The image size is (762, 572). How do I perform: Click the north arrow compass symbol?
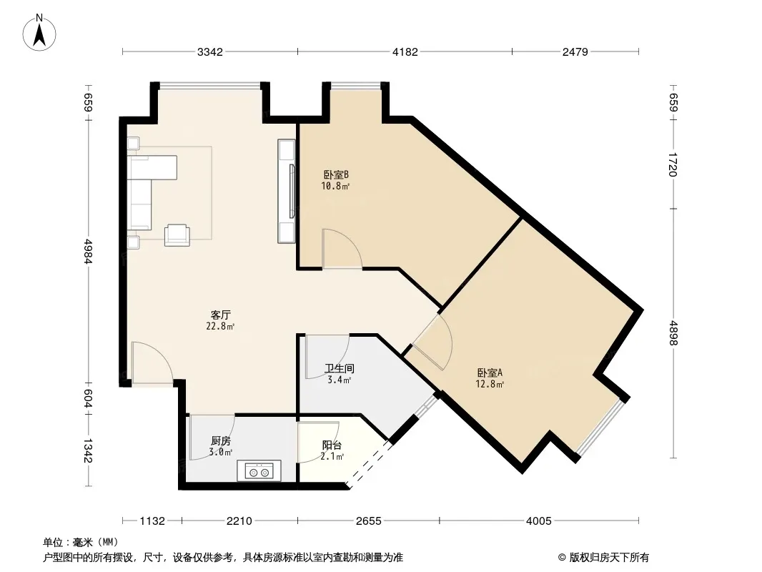(39, 33)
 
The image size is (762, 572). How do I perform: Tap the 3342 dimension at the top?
(210, 52)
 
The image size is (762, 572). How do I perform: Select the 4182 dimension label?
(405, 52)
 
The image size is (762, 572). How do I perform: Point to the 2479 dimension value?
(575, 52)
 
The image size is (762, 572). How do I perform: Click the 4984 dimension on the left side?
(89, 251)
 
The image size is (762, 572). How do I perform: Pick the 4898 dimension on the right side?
(673, 332)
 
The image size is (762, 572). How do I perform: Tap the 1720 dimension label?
(673, 164)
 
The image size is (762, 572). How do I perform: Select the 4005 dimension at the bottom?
(539, 521)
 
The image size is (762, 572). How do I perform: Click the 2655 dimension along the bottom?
(368, 521)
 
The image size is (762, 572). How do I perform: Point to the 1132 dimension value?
(152, 521)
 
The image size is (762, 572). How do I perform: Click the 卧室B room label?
(336, 174)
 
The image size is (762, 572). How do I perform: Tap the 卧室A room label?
(490, 373)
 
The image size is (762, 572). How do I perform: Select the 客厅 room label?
(221, 315)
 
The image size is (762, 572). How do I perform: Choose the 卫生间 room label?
(340, 369)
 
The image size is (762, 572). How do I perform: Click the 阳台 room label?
(332, 445)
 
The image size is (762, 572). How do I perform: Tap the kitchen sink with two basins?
(259, 471)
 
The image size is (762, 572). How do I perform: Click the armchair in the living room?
(177, 235)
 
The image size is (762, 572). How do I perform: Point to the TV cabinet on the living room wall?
(286, 191)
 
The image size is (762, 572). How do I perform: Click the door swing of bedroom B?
(342, 248)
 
